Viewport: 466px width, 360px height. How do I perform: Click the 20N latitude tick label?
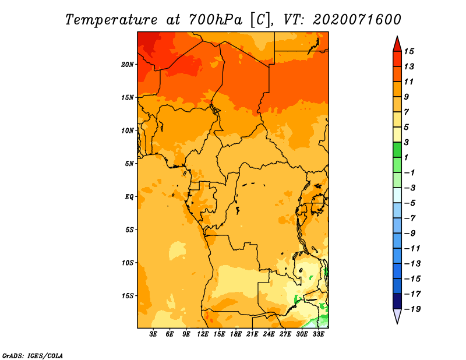[x=127, y=64]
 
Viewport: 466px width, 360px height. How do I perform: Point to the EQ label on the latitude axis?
[x=129, y=196]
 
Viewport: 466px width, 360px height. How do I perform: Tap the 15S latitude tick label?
[x=127, y=296]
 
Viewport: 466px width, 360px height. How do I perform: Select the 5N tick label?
[x=129, y=164]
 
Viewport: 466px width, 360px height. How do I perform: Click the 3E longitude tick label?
[x=153, y=334]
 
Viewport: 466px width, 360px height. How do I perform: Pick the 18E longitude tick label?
[x=236, y=334]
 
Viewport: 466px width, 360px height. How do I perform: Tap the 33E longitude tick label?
[x=318, y=334]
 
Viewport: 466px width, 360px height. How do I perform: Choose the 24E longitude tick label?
[x=269, y=334]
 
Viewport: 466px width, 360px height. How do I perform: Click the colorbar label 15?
[x=409, y=51]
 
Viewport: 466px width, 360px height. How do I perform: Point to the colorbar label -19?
[x=412, y=309]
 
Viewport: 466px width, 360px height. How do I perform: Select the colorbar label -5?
[x=411, y=203]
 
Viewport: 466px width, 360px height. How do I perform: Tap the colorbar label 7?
[x=407, y=112]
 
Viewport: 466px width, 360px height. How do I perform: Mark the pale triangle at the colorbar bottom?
[x=397, y=315]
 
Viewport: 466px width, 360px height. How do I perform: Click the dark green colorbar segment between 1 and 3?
[x=397, y=150]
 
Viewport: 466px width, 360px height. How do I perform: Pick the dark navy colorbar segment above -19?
[x=397, y=301]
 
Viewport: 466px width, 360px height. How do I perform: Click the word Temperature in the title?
[x=111, y=20]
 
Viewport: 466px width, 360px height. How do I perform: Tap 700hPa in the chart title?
[x=216, y=20]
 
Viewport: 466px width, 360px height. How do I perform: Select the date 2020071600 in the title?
[x=356, y=20]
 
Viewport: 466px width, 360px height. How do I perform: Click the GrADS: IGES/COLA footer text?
[x=33, y=355]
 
